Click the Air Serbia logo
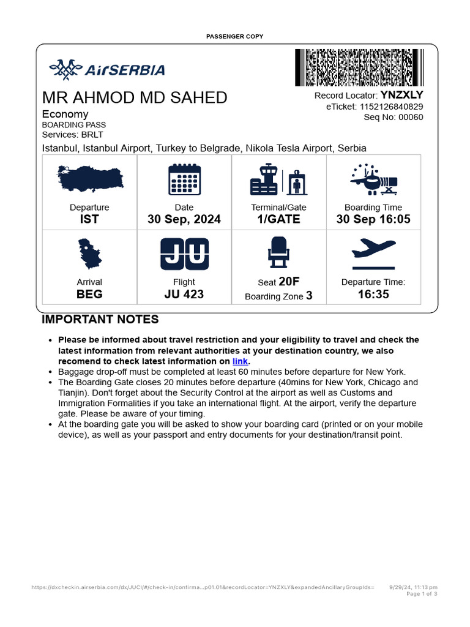[106, 70]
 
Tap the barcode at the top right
[359, 67]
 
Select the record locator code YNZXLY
[401, 95]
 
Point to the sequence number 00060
[411, 118]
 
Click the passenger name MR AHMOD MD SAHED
[134, 98]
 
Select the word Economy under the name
[65, 114]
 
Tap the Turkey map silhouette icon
[89, 178]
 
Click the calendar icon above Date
[184, 179]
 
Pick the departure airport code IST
[89, 219]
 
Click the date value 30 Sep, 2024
[184, 219]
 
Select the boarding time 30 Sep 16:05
[373, 219]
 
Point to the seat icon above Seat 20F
[278, 253]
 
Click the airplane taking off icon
[373, 253]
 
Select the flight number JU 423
[184, 295]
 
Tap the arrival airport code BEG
[89, 295]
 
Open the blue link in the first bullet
[240, 361]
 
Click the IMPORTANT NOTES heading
[100, 320]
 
